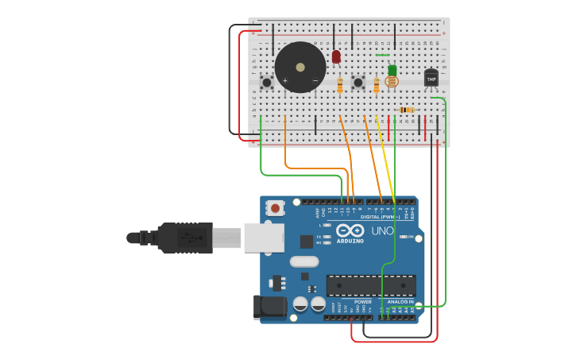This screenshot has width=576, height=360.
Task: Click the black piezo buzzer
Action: click(300, 67)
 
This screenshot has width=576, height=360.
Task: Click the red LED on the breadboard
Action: click(336, 56)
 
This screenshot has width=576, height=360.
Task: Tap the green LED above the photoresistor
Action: click(392, 70)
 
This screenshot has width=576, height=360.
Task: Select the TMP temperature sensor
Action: click(431, 78)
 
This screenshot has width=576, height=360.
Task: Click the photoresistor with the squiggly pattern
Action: click(391, 81)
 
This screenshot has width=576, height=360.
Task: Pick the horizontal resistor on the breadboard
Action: click(406, 110)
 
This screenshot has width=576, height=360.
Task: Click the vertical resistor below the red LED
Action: click(340, 84)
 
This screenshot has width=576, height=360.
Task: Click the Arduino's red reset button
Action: click(275, 208)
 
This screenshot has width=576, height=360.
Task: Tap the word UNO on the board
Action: click(383, 230)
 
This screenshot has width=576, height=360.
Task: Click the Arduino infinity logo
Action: click(350, 230)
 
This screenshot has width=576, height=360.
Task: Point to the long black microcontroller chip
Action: click(371, 285)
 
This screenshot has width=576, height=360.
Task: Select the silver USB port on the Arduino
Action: click(264, 238)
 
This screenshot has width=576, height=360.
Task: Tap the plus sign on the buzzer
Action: click(285, 80)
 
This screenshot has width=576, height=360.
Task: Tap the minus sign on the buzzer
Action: click(315, 80)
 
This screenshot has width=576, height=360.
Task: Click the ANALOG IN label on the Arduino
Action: click(400, 302)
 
